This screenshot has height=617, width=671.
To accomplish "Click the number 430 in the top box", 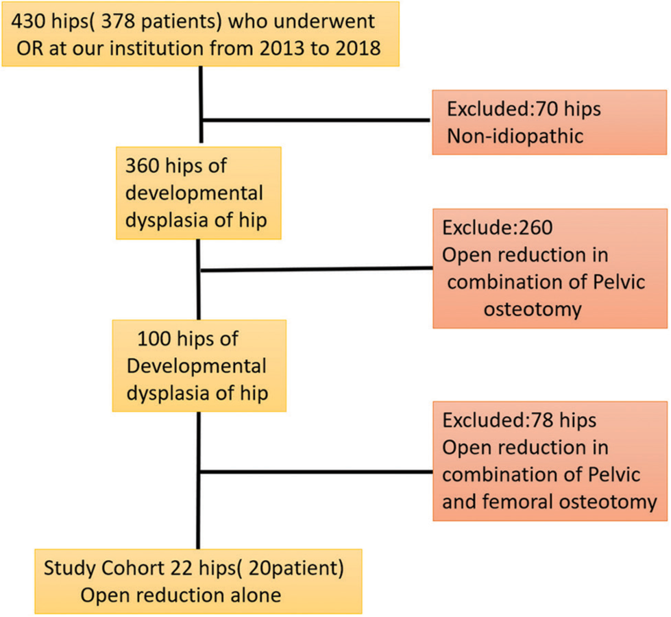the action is (29, 21).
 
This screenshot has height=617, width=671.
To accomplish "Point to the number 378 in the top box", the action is (119, 21).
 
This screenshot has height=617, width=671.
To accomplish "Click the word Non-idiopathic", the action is (515, 136).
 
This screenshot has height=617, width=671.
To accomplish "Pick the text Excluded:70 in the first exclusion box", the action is (502, 109).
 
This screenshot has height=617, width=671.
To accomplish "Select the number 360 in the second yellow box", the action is (143, 165).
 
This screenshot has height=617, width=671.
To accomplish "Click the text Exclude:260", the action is (498, 228).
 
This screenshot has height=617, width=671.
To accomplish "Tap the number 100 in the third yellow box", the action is (154, 339).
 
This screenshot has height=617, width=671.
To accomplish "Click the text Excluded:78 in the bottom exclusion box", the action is (498, 420).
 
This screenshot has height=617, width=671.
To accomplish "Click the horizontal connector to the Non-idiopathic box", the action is (316, 121).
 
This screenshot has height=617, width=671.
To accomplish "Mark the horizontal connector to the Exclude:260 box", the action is (317, 269).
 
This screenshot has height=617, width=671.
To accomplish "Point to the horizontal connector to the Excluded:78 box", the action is (316, 472).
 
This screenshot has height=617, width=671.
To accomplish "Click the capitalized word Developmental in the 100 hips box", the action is (197, 366).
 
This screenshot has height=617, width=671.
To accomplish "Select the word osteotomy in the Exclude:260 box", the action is (533, 309).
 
